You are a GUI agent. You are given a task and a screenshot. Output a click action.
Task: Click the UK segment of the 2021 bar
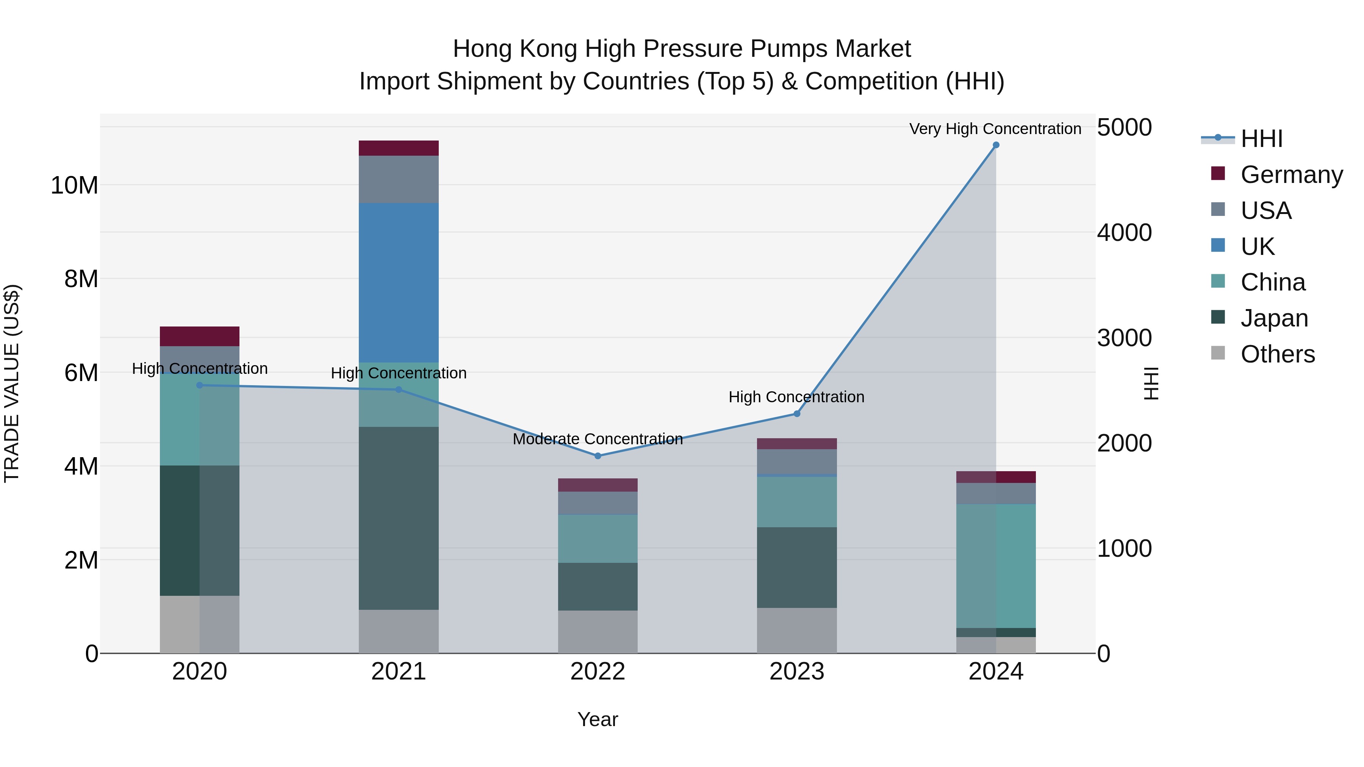(x=398, y=282)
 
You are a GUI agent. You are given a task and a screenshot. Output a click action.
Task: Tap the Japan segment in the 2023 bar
(x=796, y=567)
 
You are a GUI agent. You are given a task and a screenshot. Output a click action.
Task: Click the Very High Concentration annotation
(x=995, y=129)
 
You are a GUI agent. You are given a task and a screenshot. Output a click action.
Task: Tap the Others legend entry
(x=1277, y=354)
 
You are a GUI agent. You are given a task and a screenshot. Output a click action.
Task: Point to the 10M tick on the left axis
(x=74, y=185)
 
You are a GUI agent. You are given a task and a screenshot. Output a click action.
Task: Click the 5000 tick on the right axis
(x=1124, y=128)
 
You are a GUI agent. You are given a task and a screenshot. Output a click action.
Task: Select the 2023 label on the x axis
(x=796, y=672)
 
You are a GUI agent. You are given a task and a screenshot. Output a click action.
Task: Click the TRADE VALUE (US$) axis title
(x=12, y=383)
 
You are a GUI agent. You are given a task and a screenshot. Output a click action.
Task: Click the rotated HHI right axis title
(x=1151, y=383)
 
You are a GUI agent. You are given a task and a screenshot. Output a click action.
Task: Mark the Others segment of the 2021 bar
(x=398, y=631)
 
